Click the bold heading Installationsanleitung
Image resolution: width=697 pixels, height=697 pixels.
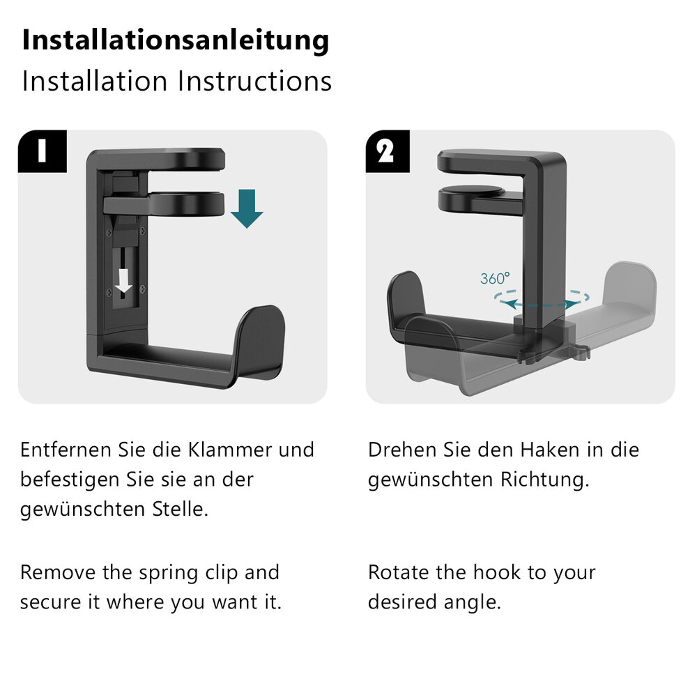[x=176, y=40]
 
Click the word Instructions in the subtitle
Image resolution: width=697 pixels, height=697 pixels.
[x=254, y=81]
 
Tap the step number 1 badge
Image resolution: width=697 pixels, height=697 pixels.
[x=43, y=151]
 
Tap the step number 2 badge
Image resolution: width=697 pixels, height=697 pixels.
[x=387, y=151]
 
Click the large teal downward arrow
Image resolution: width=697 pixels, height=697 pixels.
[x=247, y=208]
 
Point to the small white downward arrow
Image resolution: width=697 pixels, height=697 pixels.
[x=123, y=281]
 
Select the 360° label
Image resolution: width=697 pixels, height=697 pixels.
[x=495, y=279]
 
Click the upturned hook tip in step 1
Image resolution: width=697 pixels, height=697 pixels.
[x=260, y=338]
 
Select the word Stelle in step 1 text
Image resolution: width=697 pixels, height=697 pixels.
[x=180, y=510]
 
